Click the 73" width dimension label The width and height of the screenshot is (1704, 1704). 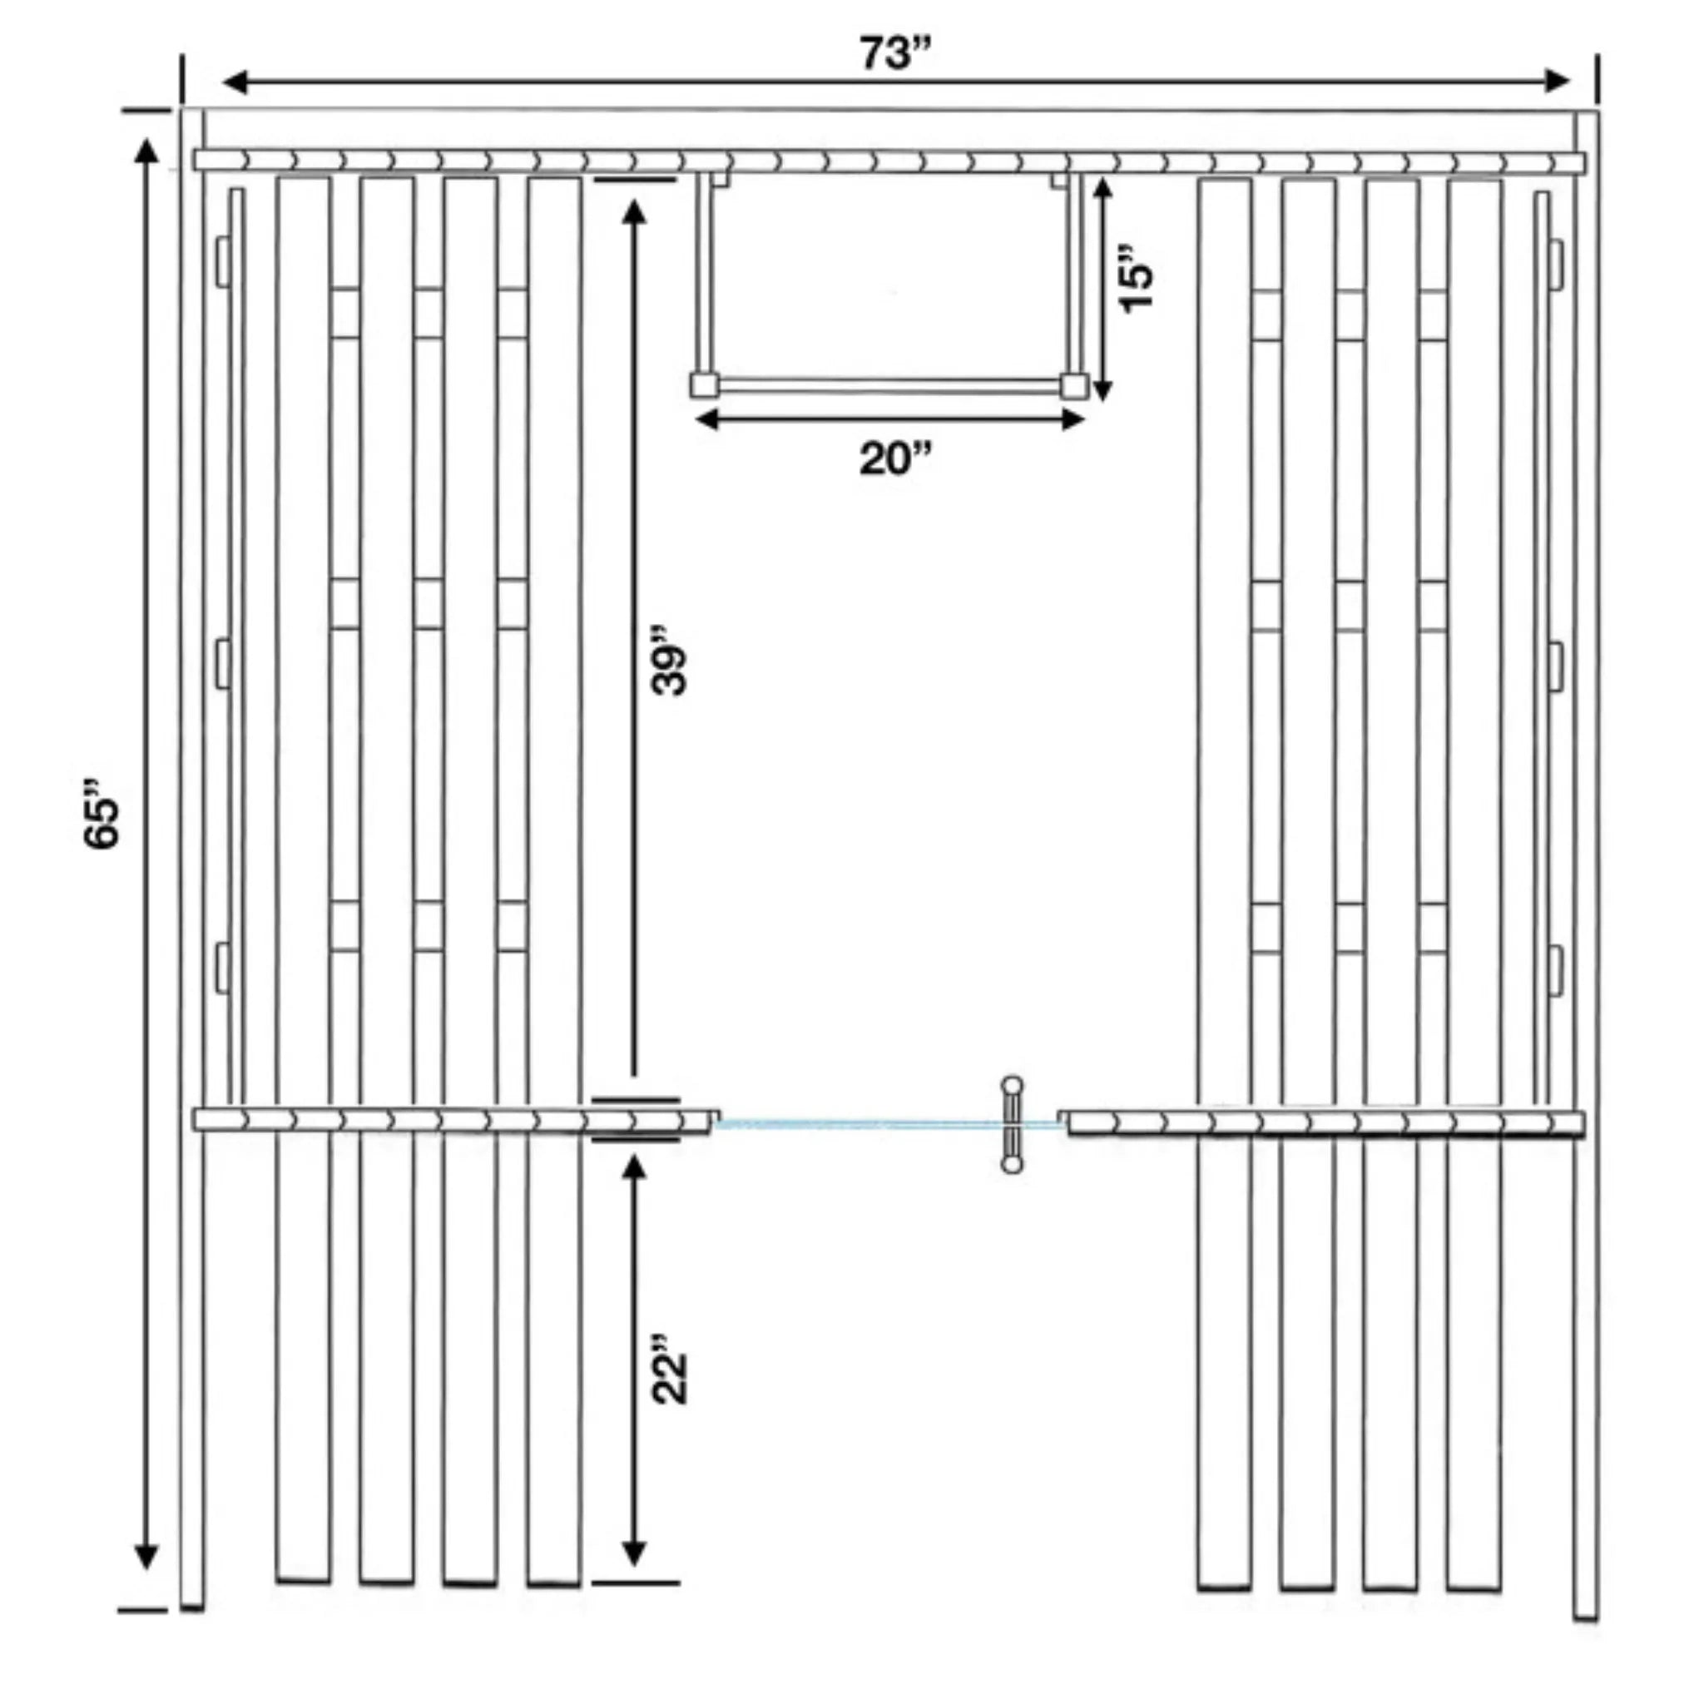coord(895,54)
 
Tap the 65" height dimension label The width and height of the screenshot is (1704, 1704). coord(102,812)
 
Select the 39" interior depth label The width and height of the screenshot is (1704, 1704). coord(670,661)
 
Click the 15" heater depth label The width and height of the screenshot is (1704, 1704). coord(1136,276)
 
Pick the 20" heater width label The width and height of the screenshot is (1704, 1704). coord(895,458)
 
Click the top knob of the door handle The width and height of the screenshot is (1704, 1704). coord(1013,1084)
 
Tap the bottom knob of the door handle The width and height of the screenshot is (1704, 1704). coord(1013,1165)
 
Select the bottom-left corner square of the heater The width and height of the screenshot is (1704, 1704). coord(704,385)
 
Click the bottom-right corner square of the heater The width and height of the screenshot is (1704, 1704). coord(1074,386)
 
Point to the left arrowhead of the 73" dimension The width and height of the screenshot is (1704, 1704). coord(235,83)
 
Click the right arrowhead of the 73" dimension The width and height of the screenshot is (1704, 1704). coord(1556,82)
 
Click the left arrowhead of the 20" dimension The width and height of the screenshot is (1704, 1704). coord(709,420)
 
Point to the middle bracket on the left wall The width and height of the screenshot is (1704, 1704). coord(223,664)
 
